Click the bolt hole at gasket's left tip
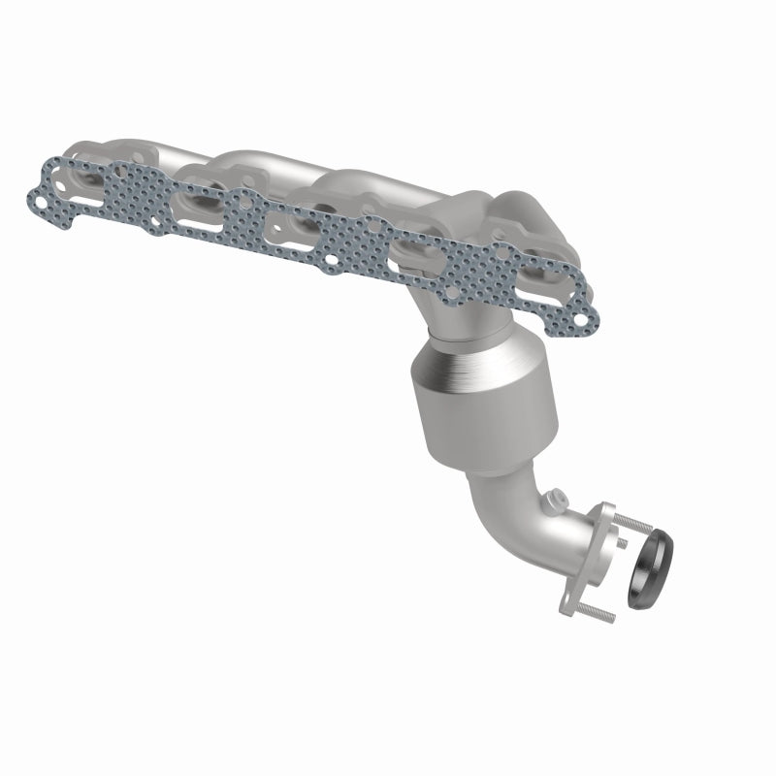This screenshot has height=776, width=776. (x=40, y=199)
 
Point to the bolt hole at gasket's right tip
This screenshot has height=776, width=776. (x=580, y=315)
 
